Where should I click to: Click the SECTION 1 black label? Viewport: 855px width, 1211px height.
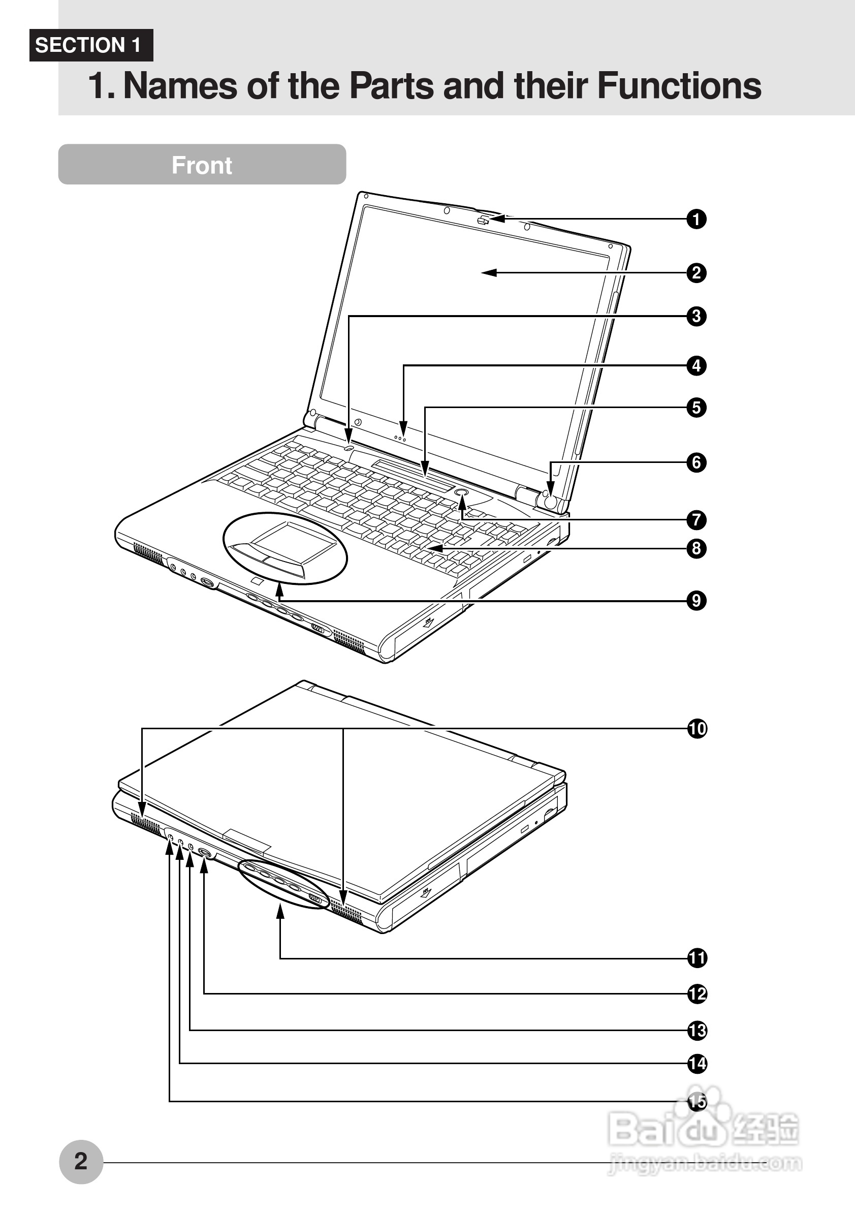[x=90, y=45]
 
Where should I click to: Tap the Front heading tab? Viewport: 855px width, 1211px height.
[x=202, y=165]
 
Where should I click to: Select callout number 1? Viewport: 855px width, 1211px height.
[x=696, y=219]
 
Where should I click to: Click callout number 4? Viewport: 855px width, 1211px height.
[x=696, y=365]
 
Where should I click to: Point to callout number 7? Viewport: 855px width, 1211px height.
[x=696, y=520]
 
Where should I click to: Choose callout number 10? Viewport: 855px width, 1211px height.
[x=696, y=729]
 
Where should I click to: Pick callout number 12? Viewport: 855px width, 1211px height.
[x=696, y=994]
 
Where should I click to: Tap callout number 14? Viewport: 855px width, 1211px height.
[x=696, y=1063]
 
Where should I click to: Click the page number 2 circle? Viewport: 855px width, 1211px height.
[x=81, y=1161]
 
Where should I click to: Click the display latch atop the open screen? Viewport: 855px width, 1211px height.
[x=483, y=220]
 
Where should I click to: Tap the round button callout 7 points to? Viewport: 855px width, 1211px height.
[x=461, y=491]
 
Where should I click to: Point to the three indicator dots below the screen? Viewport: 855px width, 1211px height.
[x=400, y=438]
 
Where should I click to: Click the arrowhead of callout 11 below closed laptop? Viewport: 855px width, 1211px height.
[x=280, y=911]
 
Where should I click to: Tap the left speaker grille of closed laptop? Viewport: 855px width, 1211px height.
[x=145, y=825]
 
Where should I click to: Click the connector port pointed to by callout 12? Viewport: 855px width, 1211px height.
[x=205, y=853]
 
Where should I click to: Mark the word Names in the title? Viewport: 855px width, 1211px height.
[x=179, y=86]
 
